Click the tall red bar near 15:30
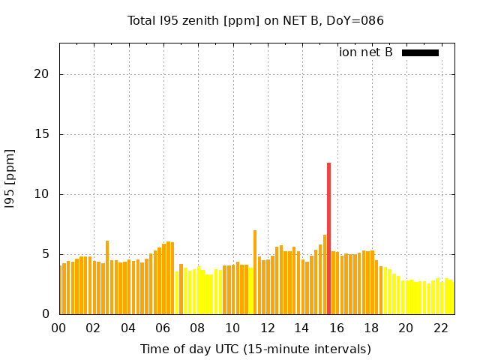tap(328, 238)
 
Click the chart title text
tap(255, 21)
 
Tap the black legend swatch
tap(420, 52)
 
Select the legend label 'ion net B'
tap(365, 52)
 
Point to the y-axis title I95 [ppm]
tap(10, 178)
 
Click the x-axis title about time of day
tap(255, 349)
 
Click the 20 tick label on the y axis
tap(43, 74)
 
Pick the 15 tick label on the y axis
tap(43, 134)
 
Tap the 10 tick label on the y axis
tap(43, 194)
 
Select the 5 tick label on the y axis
tap(46, 254)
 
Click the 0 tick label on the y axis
tap(46, 314)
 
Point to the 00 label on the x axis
tap(58, 328)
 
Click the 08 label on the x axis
tap(197, 328)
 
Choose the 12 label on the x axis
tap(267, 328)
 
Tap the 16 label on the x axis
tap(337, 328)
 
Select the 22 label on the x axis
tap(441, 328)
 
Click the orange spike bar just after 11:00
tap(255, 272)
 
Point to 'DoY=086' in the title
tap(358, 21)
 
